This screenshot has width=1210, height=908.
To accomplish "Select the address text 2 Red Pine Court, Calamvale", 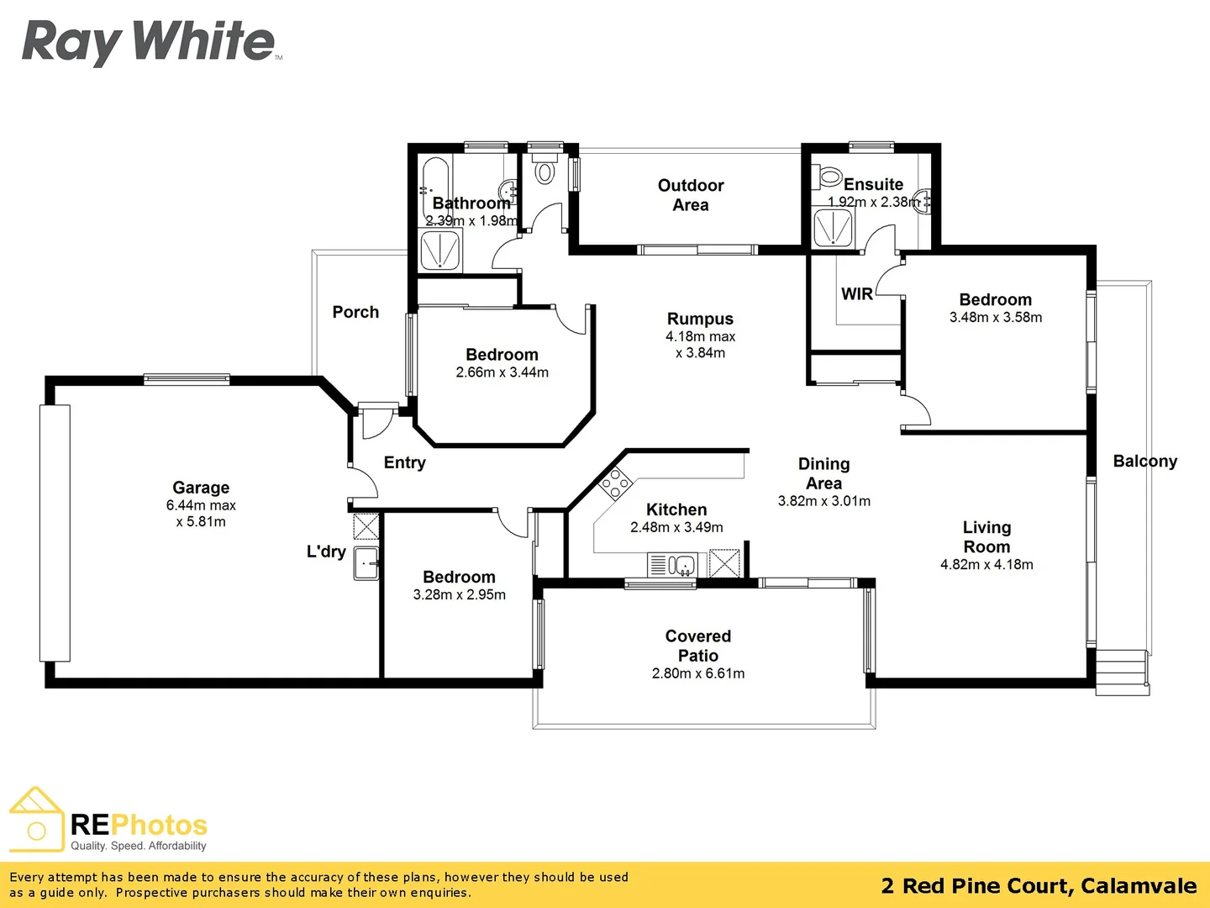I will point(1039,885).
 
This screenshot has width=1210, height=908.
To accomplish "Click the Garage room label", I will point(201,488).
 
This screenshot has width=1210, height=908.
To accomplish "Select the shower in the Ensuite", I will point(833,228).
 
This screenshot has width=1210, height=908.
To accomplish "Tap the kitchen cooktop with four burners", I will point(614,484).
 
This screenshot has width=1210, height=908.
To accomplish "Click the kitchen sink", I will point(681,565).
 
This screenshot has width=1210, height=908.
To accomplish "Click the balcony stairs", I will point(1122,672).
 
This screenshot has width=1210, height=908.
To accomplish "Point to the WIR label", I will point(857,294).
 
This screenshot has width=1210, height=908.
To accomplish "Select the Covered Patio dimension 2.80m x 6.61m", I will point(697,673).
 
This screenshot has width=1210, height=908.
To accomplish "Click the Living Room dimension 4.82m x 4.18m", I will point(986,565).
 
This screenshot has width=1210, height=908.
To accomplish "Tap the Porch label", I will point(355,312).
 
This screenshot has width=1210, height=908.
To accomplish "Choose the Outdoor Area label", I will point(690,195).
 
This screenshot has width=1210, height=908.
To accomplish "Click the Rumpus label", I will point(700,319).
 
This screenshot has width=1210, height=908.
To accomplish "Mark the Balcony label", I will point(1144,461).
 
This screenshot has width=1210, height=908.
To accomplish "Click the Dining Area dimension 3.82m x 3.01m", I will point(823,501).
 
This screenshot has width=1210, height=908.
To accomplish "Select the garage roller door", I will point(55,533).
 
